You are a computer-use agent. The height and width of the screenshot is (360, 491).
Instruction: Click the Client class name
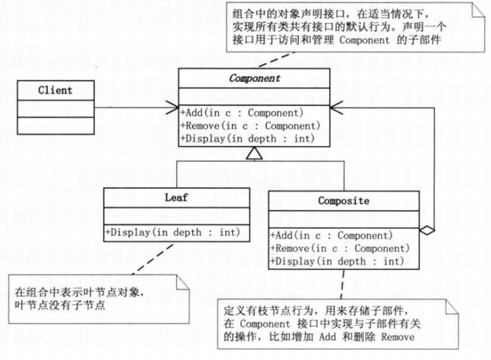point(55,90)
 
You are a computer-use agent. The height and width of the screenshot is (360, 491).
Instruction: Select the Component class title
point(254,80)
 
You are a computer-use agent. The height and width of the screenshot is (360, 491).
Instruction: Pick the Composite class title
point(343,201)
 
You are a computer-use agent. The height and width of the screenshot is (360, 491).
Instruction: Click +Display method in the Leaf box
point(172,232)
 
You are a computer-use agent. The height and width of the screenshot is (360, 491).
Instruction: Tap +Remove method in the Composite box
point(339,248)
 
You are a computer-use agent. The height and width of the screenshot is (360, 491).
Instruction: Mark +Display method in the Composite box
point(337,261)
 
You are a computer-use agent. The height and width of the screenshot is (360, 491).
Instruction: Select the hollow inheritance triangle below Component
point(254,153)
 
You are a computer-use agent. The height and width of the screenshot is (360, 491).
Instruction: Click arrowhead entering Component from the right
point(335,107)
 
